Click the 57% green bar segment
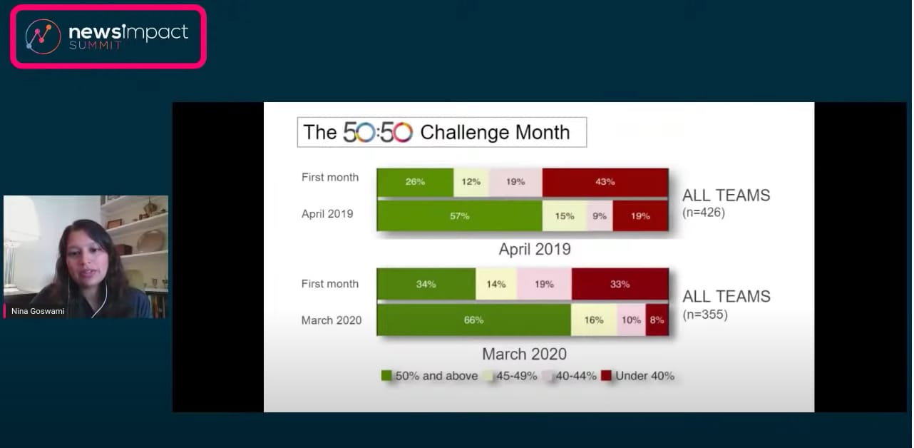pos(459,216)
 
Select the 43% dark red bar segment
pos(605,182)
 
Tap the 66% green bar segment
pos(473,320)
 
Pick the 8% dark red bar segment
pos(657,320)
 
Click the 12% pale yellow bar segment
pos(471,182)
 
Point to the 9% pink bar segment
pos(600,216)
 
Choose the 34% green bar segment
pos(426,284)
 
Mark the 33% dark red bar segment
pos(620,284)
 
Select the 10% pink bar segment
pos(631,320)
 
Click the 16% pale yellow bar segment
pos(594,320)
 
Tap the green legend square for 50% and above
pos(386,375)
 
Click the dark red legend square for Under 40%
pos(606,375)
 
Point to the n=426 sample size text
pos(704,213)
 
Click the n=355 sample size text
pos(705,315)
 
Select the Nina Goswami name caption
pos(38,311)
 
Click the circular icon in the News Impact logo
pos(43,37)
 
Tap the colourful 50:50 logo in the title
pos(378,132)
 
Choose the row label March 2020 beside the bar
pos(332,320)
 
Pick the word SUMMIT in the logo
pos(95,46)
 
